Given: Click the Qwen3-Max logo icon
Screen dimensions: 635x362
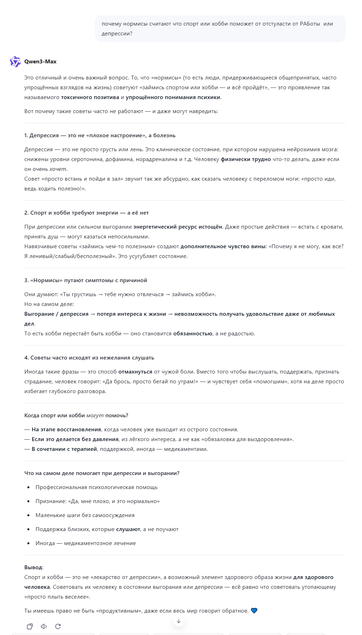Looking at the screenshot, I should point(15,62).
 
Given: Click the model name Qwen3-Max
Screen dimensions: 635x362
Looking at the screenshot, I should point(40,62).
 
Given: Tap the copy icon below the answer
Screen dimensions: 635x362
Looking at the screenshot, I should point(30,626).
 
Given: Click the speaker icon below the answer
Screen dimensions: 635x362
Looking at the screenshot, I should point(44,626).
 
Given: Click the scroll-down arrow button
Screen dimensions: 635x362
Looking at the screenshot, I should point(179,621).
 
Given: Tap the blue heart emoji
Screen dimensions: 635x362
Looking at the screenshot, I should point(254,611).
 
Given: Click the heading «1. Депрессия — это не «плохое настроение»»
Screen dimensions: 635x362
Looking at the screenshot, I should point(100,135).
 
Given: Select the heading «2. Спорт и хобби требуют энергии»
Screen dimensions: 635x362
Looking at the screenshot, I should point(86,213).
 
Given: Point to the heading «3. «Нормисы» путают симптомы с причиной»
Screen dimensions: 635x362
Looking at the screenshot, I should point(86,280).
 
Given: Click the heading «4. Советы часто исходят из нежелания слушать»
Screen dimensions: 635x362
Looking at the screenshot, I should point(89,358).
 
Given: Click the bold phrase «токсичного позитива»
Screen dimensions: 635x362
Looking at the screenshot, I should point(90,97).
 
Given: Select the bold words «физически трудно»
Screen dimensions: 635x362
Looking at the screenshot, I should point(246,159).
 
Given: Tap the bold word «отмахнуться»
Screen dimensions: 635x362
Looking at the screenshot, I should point(135,372).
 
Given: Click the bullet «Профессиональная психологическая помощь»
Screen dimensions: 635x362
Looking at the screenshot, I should point(97,487).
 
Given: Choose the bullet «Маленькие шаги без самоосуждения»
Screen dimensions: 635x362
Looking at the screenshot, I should point(85,515).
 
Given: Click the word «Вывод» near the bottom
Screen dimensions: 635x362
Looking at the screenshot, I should point(34,567).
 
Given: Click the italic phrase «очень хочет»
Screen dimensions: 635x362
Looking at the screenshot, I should point(49,169).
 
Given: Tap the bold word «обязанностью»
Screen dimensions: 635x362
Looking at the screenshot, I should point(193,334).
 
